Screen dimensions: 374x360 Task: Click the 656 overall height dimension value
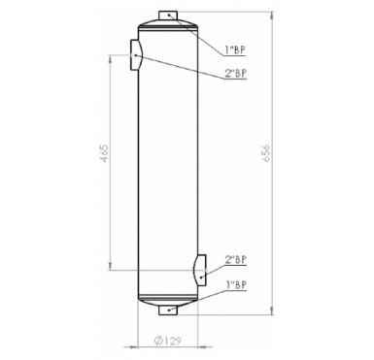coord(266,153)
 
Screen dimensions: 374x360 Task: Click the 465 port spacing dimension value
coord(104,153)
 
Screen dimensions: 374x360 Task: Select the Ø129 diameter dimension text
coord(167,341)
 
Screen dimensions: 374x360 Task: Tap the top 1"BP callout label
coord(235,49)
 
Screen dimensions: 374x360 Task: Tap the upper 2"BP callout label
coord(236,74)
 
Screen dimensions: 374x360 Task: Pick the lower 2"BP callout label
coord(236,259)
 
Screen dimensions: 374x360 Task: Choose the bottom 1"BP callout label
coord(236,285)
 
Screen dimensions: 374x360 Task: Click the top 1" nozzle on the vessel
coord(168,16)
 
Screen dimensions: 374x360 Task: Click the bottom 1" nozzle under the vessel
coord(168,311)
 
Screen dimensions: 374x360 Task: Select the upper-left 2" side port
coord(136,54)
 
